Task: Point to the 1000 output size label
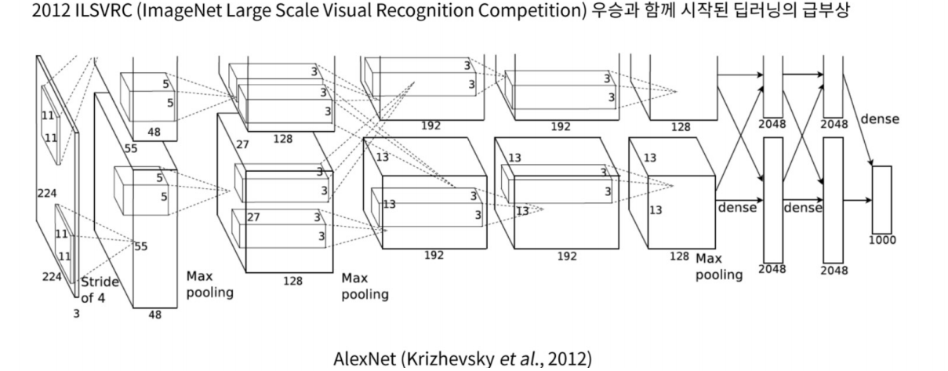(x=882, y=241)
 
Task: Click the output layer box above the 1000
(x=881, y=200)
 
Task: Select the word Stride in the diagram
(x=100, y=282)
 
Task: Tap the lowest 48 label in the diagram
(x=155, y=315)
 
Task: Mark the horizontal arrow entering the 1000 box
(x=857, y=201)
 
